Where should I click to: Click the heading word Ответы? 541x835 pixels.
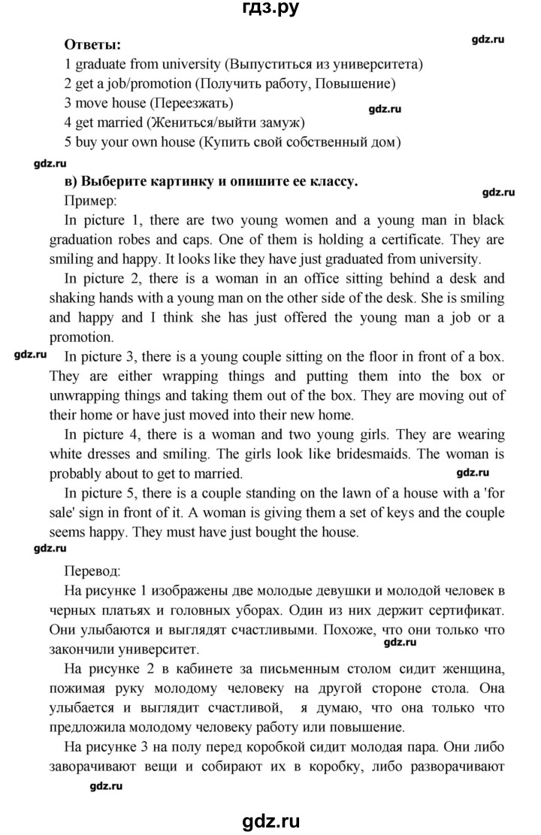pyautogui.click(x=93, y=44)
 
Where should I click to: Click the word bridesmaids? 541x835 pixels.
pyautogui.click(x=355, y=455)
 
